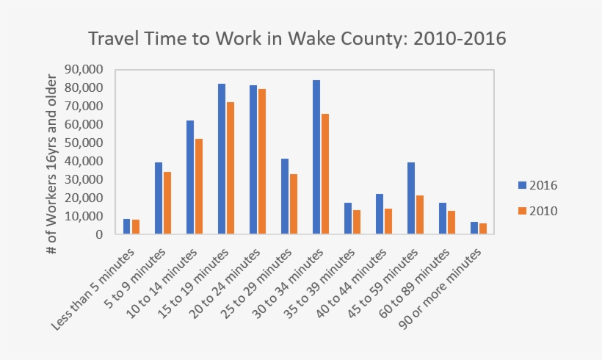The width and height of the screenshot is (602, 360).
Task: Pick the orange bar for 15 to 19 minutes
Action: tap(230, 168)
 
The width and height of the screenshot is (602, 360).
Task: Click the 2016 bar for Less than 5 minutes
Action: tap(126, 227)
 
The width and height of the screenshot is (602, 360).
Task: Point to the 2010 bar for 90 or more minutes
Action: tap(482, 229)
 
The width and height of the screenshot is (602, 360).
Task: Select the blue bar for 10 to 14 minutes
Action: tap(189, 178)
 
